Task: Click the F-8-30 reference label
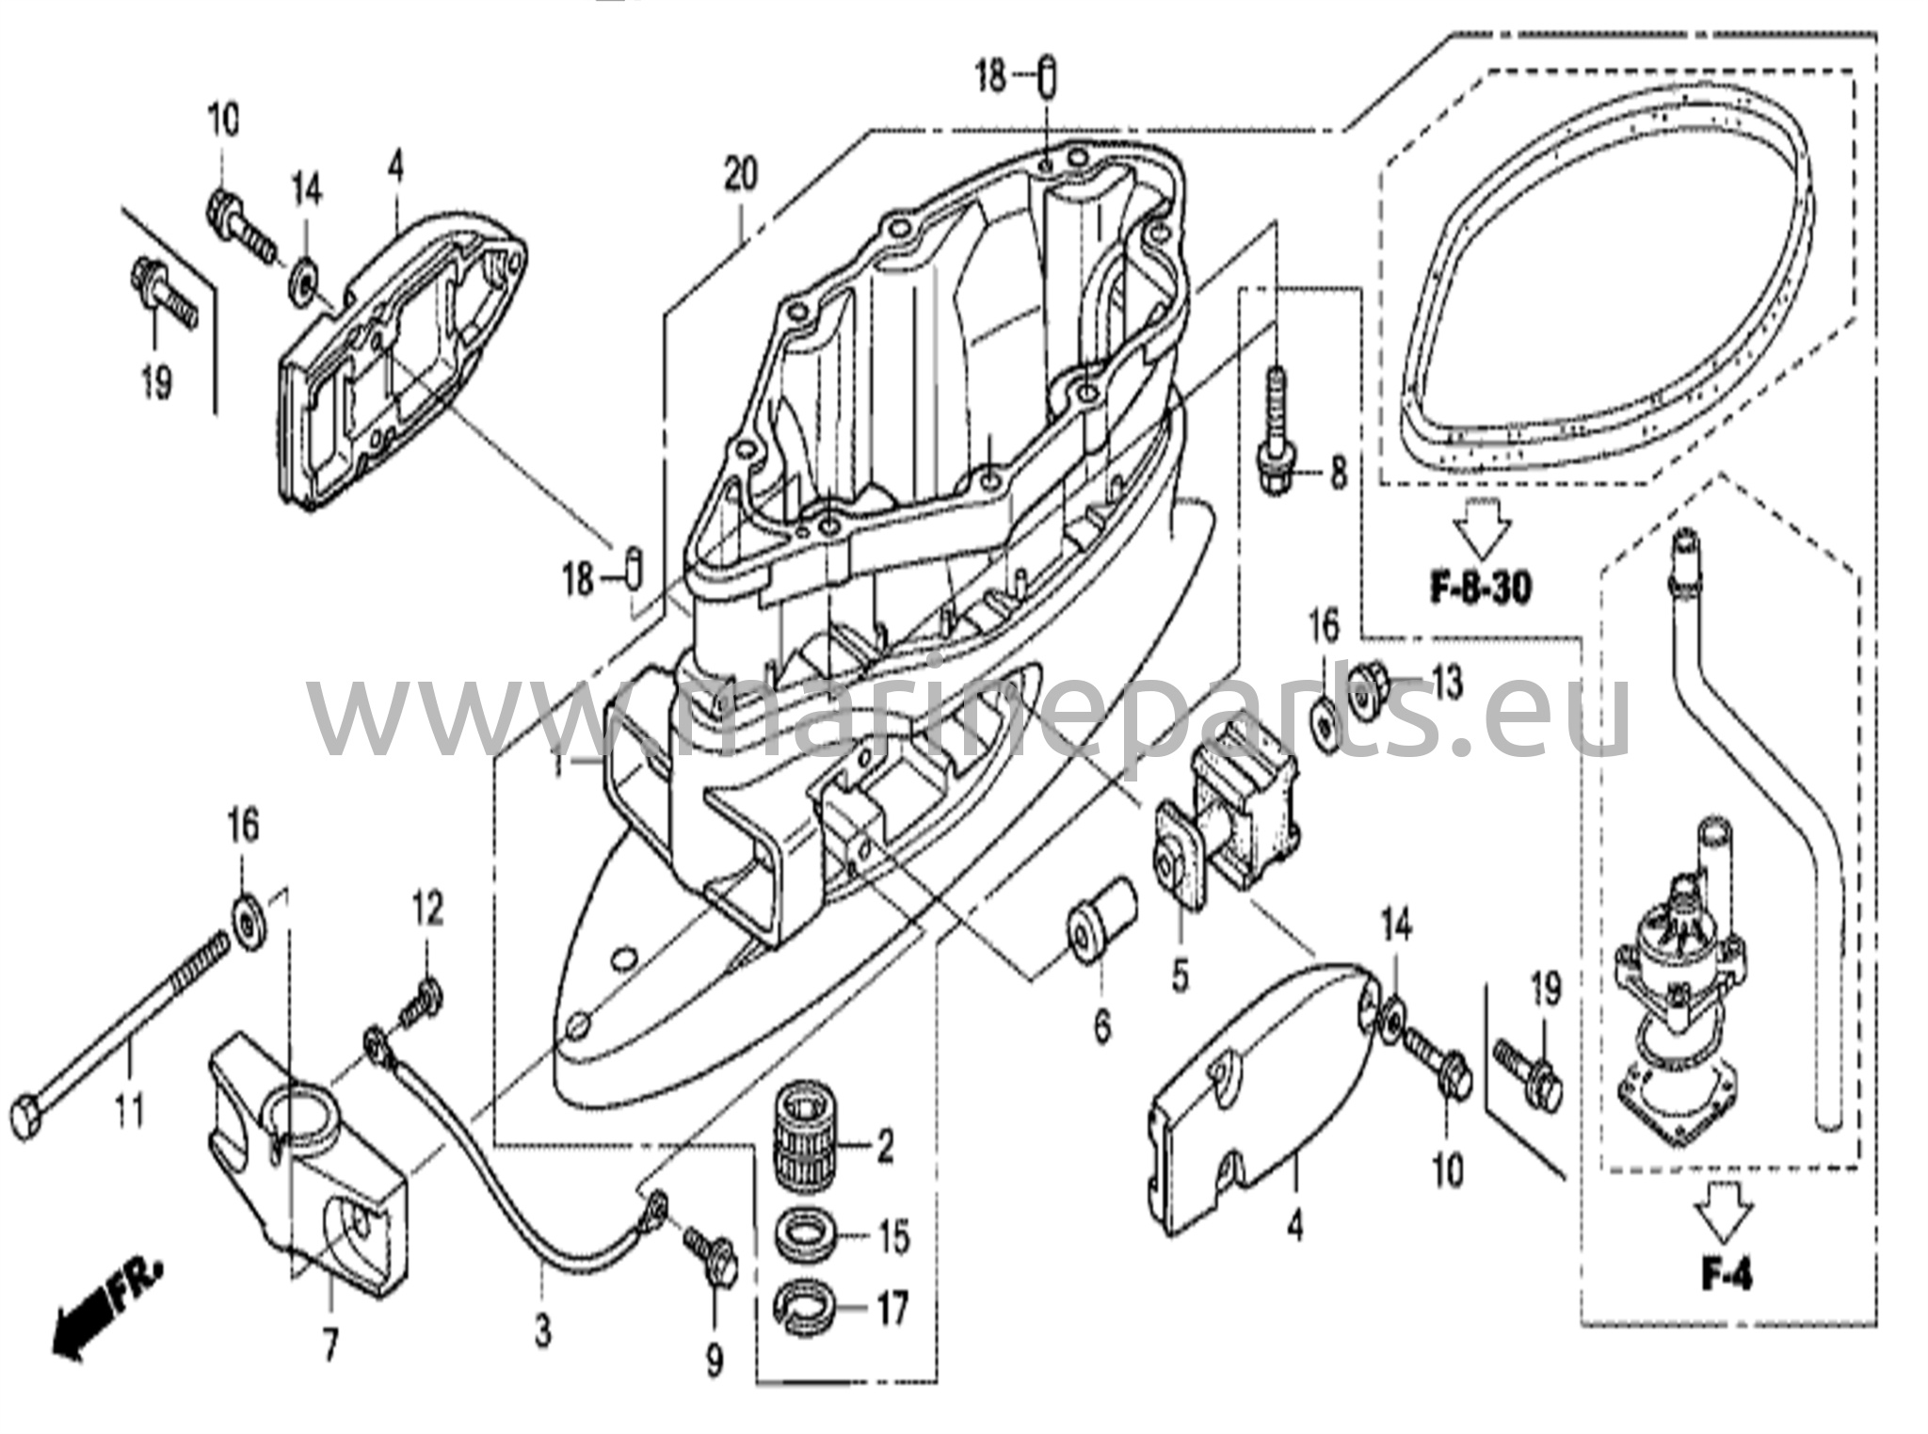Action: tap(1481, 588)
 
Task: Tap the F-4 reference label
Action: tap(1727, 1276)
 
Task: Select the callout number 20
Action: tap(740, 175)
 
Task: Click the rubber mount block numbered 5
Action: tap(1229, 810)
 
